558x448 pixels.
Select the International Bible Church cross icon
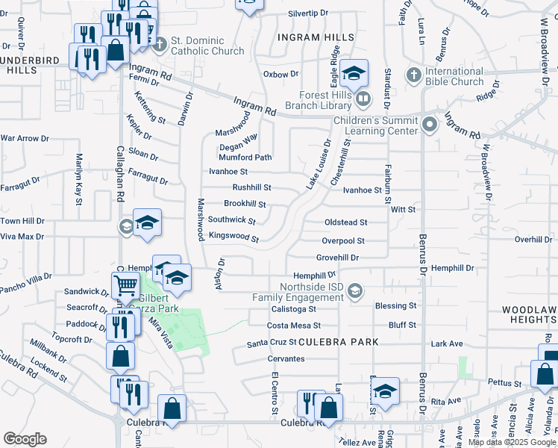point(414,75)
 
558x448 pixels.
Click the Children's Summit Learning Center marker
point(429,125)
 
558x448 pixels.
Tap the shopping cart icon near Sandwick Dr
point(125,284)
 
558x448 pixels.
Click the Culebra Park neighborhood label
point(339,342)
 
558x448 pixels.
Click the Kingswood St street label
point(233,238)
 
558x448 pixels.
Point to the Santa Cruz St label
point(272,343)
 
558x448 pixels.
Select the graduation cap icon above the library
point(354,73)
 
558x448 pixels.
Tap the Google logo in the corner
point(25,439)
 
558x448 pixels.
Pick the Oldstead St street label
point(345,223)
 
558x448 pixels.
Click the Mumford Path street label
point(245,158)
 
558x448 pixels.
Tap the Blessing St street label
point(395,306)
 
